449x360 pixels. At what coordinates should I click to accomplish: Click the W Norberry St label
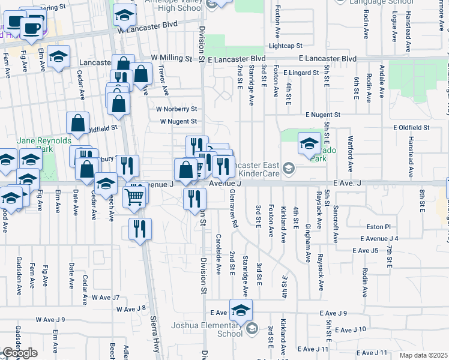tap(176, 109)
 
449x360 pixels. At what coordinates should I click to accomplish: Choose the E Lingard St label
tap(301, 73)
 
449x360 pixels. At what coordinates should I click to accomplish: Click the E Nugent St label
tap(322, 114)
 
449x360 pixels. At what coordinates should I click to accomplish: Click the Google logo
tap(20, 353)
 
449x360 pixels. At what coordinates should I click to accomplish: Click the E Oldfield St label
tap(411, 128)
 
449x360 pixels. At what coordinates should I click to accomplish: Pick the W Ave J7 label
tap(106, 298)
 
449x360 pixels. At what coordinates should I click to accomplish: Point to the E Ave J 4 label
tap(379, 239)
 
